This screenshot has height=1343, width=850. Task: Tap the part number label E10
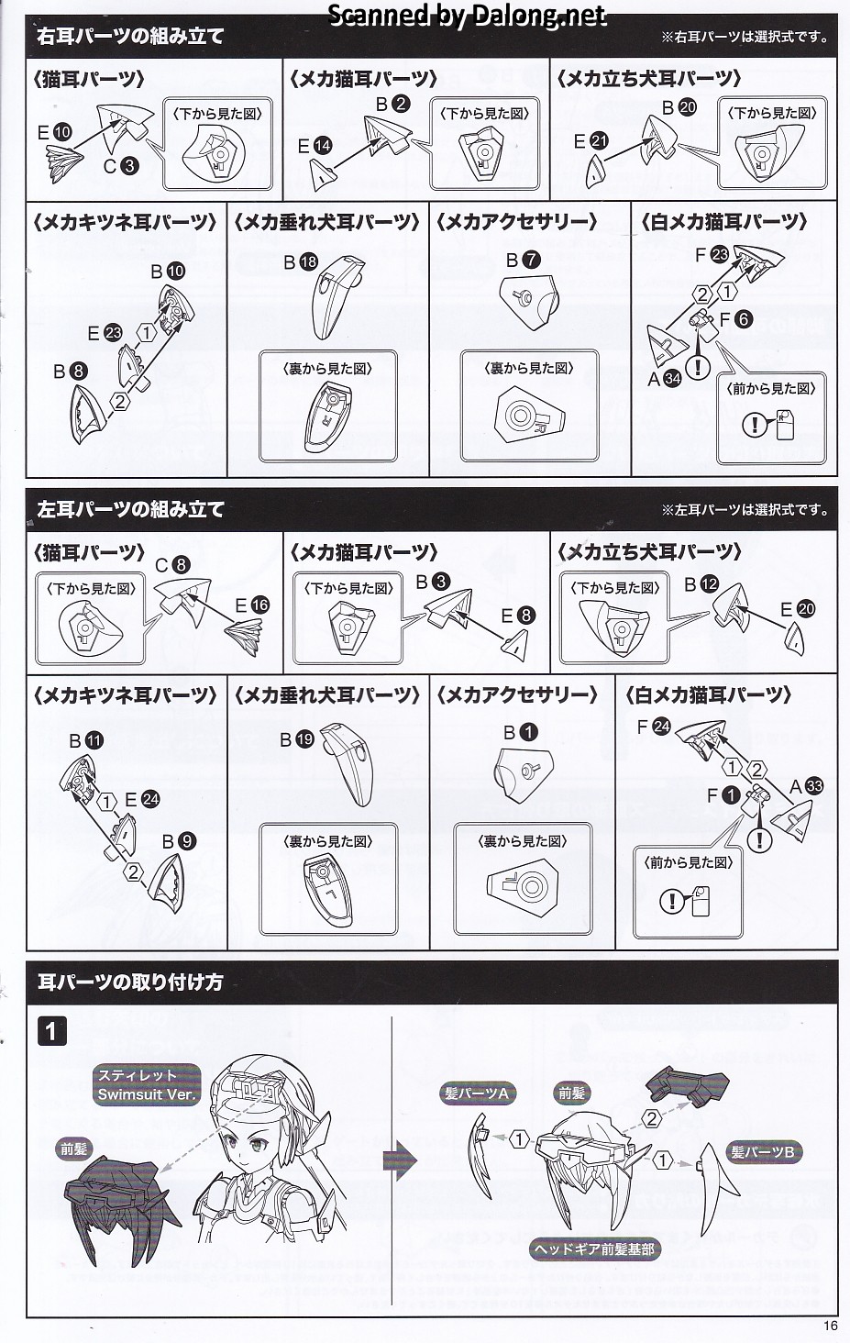(54, 132)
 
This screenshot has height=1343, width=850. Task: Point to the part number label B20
(679, 107)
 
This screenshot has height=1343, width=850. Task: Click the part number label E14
(315, 146)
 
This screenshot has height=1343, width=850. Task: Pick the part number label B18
(301, 262)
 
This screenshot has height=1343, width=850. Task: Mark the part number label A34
(665, 378)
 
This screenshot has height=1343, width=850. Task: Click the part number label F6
(735, 319)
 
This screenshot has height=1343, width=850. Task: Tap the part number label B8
(70, 372)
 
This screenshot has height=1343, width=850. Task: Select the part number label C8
(172, 565)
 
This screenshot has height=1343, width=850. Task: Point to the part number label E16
(252, 605)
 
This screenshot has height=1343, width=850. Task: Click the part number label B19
(297, 740)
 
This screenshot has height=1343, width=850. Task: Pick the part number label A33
(806, 786)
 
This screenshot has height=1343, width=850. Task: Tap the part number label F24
(654, 727)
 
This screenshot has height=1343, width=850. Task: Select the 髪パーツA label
(477, 1093)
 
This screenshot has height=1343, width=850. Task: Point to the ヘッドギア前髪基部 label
(594, 1249)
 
